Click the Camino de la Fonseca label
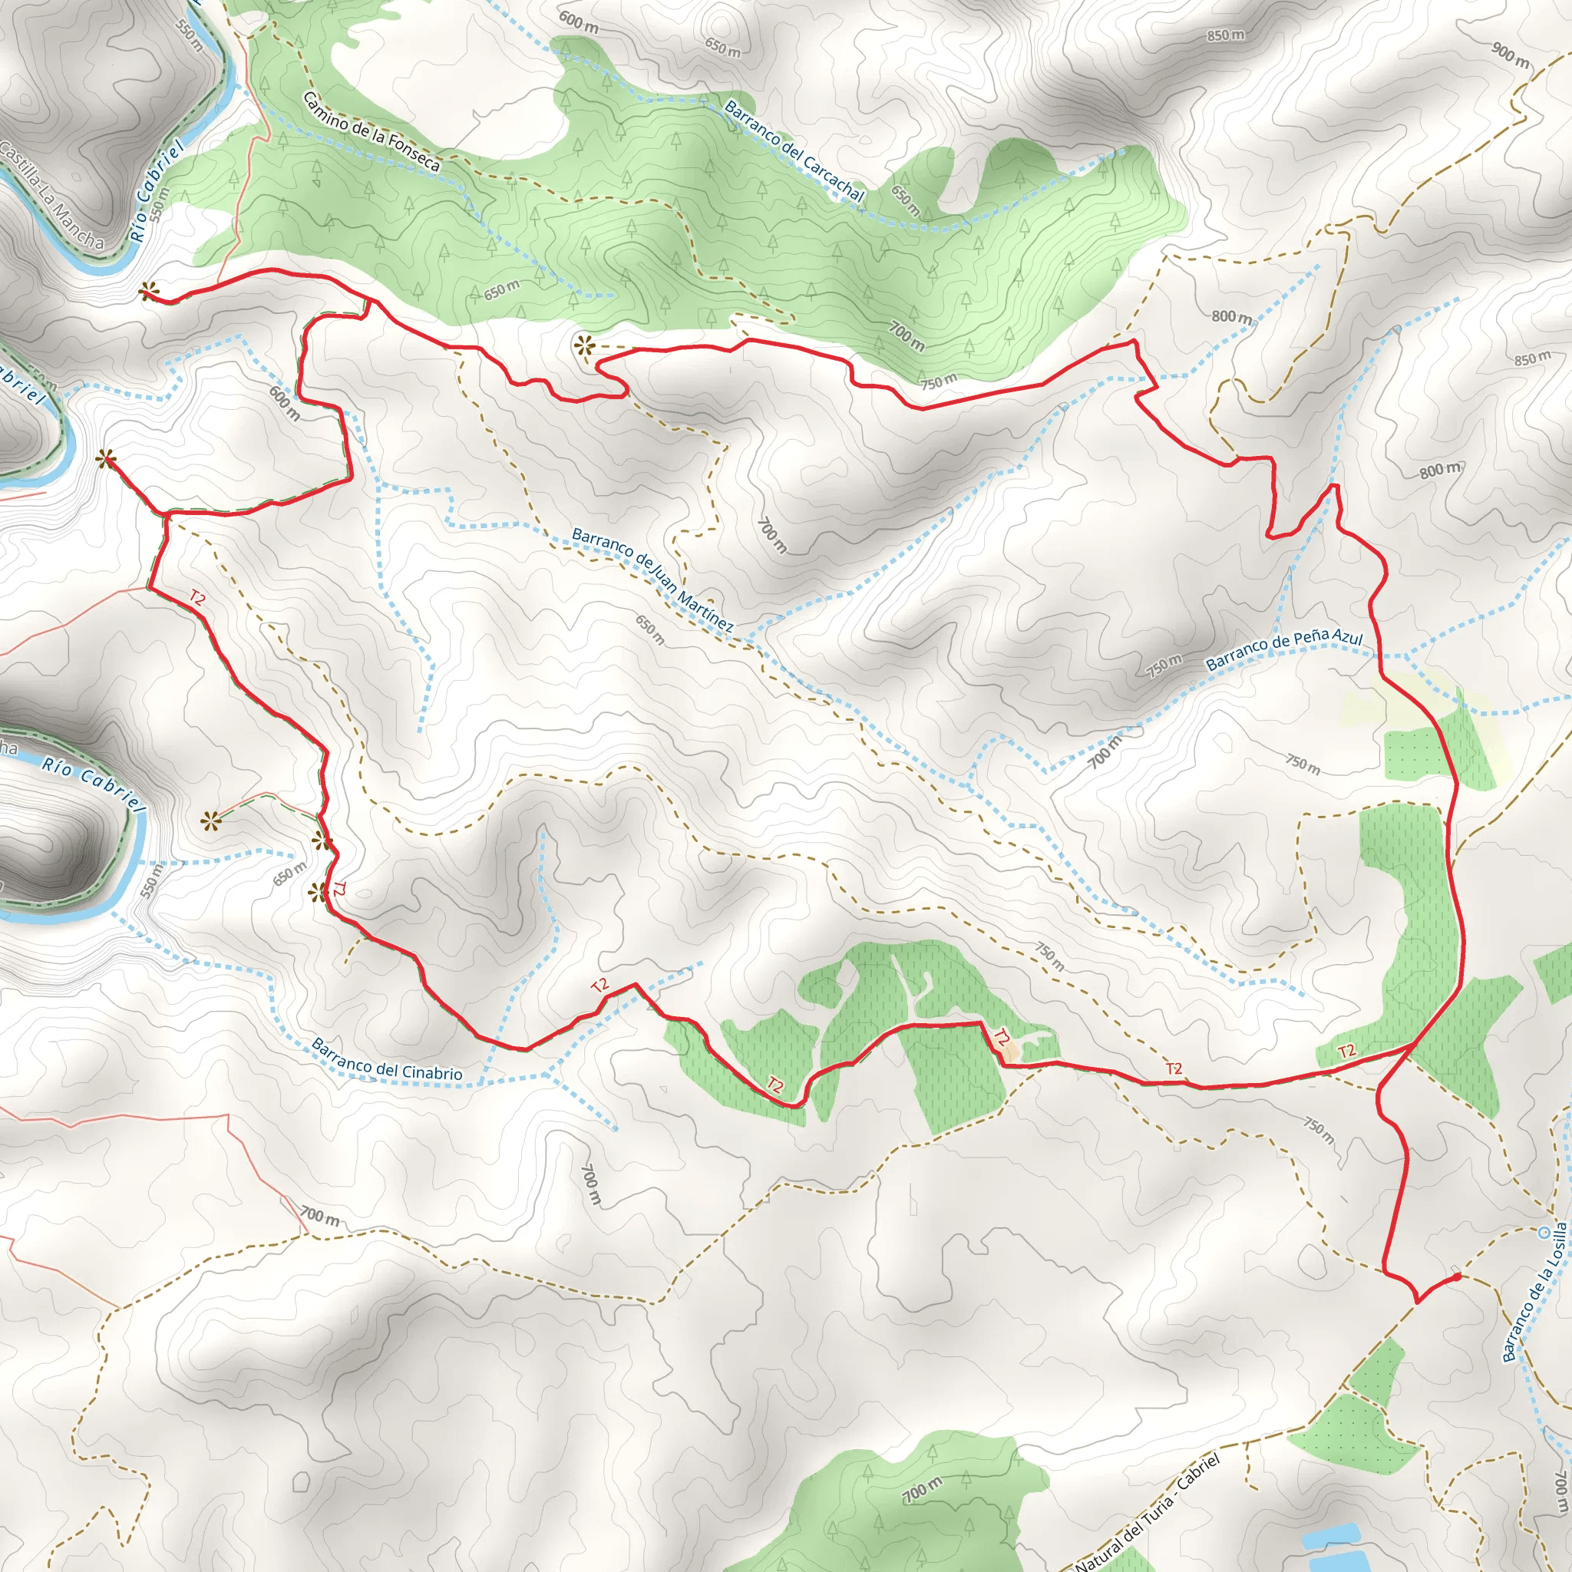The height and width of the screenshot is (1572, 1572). pos(371,132)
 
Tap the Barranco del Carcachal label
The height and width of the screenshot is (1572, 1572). pos(794,150)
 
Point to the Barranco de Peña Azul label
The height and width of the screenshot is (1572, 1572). pos(1283,650)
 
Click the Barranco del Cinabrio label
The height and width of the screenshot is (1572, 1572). pos(387,1059)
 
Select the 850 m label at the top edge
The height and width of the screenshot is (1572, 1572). pos(1225,36)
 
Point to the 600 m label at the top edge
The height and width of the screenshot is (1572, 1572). pos(578,22)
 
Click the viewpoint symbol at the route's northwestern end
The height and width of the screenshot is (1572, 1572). pos(148,290)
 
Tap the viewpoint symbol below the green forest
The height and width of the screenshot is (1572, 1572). pos(584,347)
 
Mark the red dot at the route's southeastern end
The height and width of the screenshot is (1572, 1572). pos(1455,1276)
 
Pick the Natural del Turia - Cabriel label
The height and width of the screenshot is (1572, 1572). pos(1148,1513)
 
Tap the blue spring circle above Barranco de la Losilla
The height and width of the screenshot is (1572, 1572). pos(1544,1232)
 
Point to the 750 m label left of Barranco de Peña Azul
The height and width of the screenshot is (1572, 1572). pos(1164,665)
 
